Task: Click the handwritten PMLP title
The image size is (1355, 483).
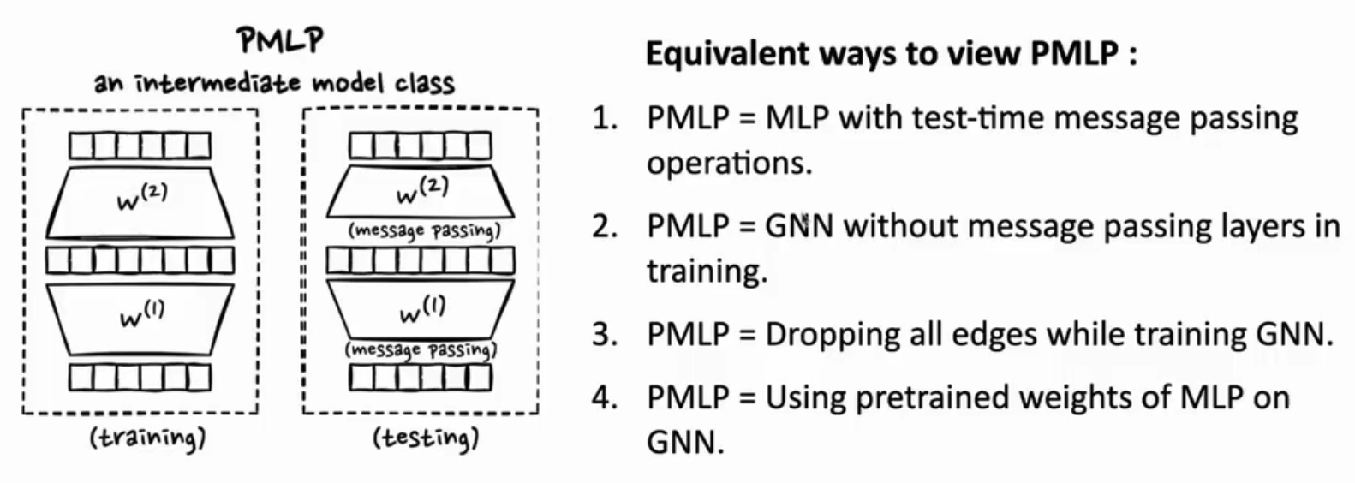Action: click(x=281, y=41)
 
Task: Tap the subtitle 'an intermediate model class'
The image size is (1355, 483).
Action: click(x=274, y=83)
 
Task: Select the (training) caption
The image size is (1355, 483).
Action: click(x=147, y=438)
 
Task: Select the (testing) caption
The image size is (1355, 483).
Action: click(x=426, y=438)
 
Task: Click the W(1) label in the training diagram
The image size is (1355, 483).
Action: click(x=142, y=316)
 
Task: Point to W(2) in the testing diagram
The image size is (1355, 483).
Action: click(x=422, y=191)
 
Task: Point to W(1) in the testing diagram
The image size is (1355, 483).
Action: click(x=422, y=311)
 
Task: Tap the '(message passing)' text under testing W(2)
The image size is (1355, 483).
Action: click(x=424, y=231)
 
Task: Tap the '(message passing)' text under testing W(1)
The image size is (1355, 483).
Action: click(x=421, y=349)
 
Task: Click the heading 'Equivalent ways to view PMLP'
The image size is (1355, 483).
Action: click(x=891, y=54)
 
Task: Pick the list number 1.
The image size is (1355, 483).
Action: click(x=605, y=117)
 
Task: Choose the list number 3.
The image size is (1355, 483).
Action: click(x=605, y=334)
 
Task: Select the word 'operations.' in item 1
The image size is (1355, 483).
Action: click(x=729, y=163)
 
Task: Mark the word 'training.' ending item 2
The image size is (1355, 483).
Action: click(x=707, y=271)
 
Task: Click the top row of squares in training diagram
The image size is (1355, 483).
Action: click(x=140, y=146)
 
